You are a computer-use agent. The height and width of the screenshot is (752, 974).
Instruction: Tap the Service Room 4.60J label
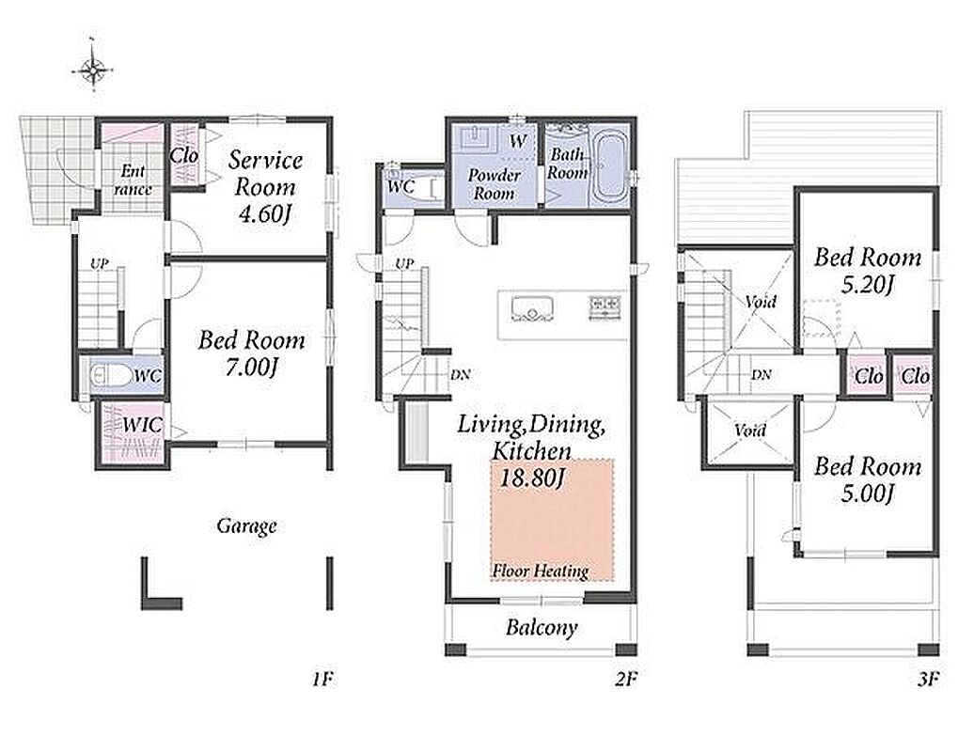pos(265,186)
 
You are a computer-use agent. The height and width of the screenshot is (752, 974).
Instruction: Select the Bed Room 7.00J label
pos(252,353)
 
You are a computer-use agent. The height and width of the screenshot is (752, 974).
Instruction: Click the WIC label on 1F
pos(142,426)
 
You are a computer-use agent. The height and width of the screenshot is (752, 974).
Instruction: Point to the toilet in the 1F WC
pos(110,376)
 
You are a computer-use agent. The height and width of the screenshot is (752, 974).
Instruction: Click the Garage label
pos(246,526)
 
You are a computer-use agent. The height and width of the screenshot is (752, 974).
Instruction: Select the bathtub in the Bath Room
pos(606,167)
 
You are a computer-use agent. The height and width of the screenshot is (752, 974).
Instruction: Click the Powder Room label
pos(494,184)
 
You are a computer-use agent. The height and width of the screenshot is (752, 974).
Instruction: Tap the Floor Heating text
pos(541,571)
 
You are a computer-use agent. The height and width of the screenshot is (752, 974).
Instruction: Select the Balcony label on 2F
pos(542,628)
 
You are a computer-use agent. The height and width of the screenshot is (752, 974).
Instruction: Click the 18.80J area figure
pos(531,478)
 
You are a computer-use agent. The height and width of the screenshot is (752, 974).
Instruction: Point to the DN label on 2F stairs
pos(461,374)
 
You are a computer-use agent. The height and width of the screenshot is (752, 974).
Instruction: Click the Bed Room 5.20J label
pos(867,271)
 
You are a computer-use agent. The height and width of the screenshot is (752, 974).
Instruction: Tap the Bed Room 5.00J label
pos(867,480)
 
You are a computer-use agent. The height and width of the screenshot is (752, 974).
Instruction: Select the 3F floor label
pos(928,680)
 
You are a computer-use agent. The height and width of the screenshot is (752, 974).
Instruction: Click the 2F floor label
pos(626,680)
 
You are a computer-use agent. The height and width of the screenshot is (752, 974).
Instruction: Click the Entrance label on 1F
pos(134,180)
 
